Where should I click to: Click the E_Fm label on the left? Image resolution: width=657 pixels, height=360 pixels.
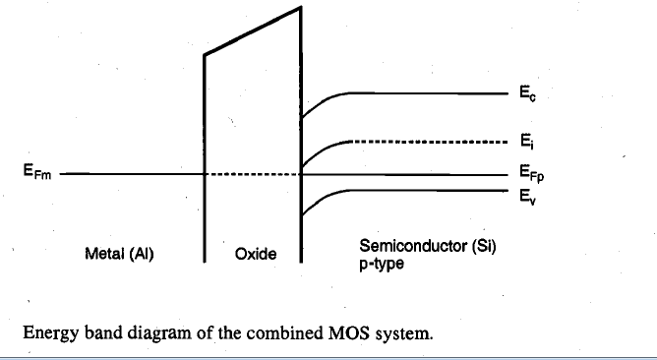coord(37,171)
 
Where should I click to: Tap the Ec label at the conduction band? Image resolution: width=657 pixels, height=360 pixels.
coord(527,93)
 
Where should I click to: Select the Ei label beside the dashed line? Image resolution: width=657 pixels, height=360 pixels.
coord(527,142)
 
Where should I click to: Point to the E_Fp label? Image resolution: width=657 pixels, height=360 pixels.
coord(532,173)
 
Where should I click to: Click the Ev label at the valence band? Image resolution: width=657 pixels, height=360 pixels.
coord(527,197)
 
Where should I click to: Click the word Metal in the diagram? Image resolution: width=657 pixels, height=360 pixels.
coord(105,254)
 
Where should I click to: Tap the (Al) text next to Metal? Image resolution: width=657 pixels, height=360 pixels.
coord(142,254)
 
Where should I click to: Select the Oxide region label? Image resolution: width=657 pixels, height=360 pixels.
coord(256,254)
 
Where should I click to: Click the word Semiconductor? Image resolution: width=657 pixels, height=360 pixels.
coord(413,246)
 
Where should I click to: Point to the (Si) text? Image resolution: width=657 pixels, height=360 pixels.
coord(484,246)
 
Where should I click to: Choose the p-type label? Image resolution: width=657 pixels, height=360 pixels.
coord(382,264)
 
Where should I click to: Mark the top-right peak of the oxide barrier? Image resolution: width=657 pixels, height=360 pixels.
coord(300,7)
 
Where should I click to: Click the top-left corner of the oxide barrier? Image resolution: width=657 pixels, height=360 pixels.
coord(205,54)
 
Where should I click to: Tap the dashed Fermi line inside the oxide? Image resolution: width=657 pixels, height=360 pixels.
coord(253,174)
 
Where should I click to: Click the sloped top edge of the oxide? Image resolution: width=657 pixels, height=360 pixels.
coord(252,30)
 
